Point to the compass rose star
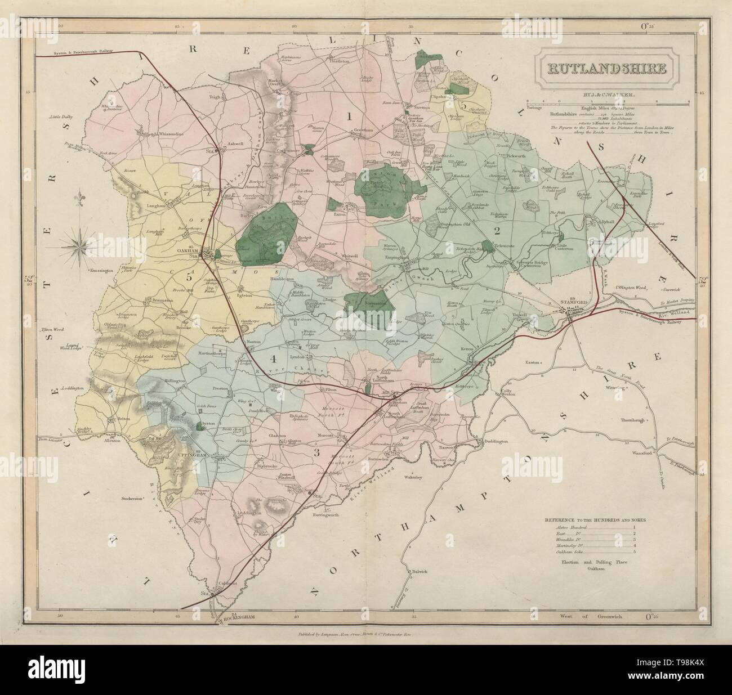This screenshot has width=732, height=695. point(78,244)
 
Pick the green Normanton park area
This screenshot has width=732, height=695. point(366,304)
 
